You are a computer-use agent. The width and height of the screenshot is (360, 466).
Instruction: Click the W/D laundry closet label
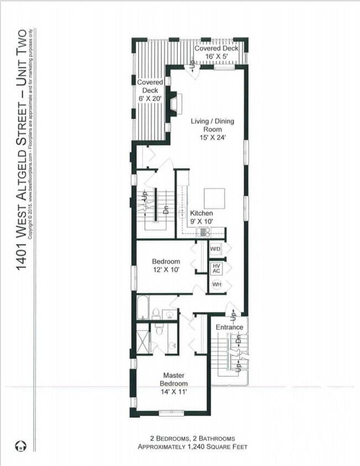215,249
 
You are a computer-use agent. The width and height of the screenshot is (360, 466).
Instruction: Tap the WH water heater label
216,285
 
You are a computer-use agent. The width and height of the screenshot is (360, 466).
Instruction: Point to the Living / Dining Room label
207,129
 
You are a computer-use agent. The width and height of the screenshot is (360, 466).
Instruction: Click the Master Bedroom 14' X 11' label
174,383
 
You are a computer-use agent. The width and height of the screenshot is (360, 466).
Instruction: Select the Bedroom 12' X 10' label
166,265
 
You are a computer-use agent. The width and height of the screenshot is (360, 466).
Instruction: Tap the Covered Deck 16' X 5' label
217,52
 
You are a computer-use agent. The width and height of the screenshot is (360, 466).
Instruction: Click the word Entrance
229,327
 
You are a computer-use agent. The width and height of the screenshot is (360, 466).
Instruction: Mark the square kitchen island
214,198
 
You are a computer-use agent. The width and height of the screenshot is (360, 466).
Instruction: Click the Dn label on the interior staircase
166,211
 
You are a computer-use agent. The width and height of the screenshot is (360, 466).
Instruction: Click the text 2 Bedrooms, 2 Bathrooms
192,438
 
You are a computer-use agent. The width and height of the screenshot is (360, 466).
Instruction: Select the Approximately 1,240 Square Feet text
192,447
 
